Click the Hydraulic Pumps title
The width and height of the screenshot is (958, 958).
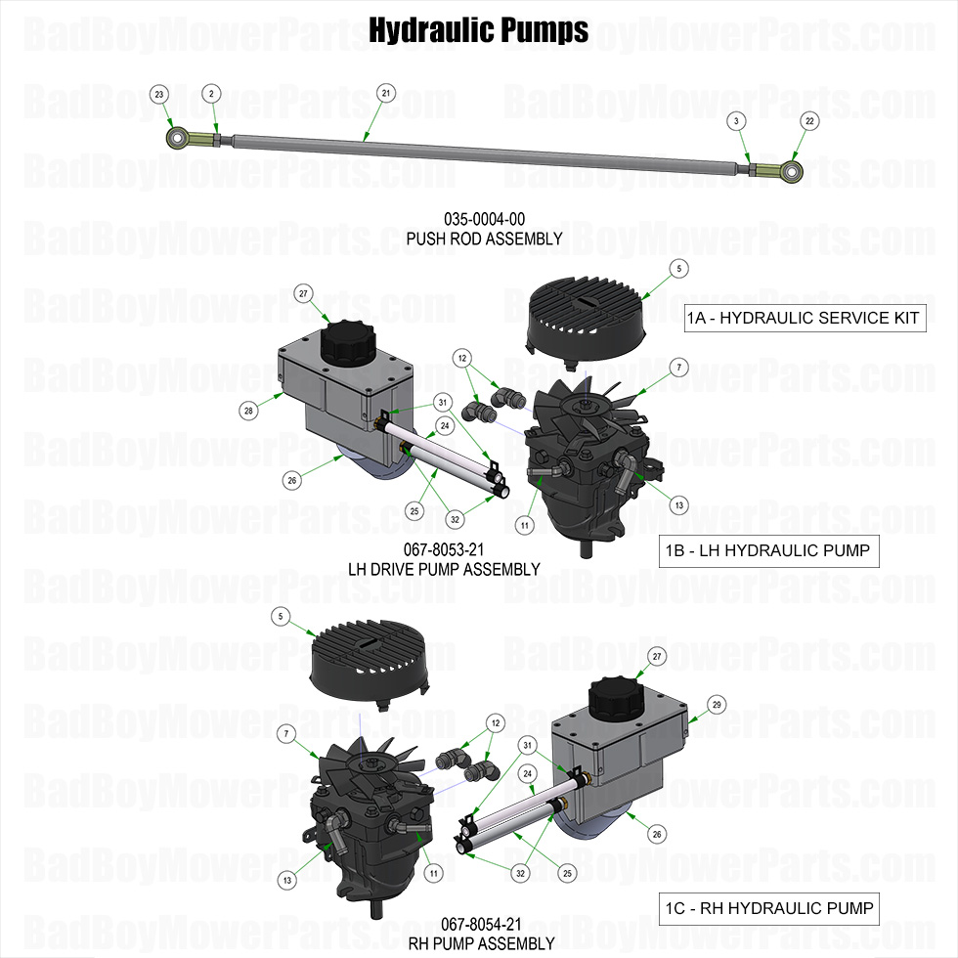[478, 31]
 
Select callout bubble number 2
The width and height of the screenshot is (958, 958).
[210, 93]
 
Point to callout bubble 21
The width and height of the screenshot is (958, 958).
[386, 93]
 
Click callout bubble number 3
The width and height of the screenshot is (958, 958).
[735, 120]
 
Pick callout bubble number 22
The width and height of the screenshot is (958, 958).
[808, 120]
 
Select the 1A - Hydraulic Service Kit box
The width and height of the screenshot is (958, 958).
[805, 318]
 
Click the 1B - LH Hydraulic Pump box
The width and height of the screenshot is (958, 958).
[767, 550]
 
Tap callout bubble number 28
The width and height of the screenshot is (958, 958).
[249, 412]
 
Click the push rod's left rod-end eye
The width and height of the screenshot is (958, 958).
[178, 137]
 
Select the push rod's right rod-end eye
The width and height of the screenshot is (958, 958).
[790, 172]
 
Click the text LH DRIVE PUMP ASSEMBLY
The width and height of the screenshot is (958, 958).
[444, 569]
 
